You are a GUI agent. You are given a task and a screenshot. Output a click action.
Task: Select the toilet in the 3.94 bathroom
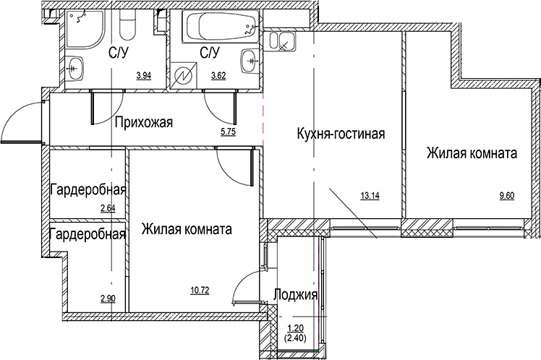pos(127,27)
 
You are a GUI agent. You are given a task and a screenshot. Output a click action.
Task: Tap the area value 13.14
pos(370,194)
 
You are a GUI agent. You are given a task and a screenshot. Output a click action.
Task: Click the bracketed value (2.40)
pos(296,337)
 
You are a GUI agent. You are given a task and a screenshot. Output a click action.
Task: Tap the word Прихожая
pos(144,121)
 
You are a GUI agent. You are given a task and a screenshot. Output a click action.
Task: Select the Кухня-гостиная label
pos(339,134)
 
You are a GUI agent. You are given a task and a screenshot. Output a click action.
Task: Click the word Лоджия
pos(296,295)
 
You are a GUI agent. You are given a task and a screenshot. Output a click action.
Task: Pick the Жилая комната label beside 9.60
pos(471,153)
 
